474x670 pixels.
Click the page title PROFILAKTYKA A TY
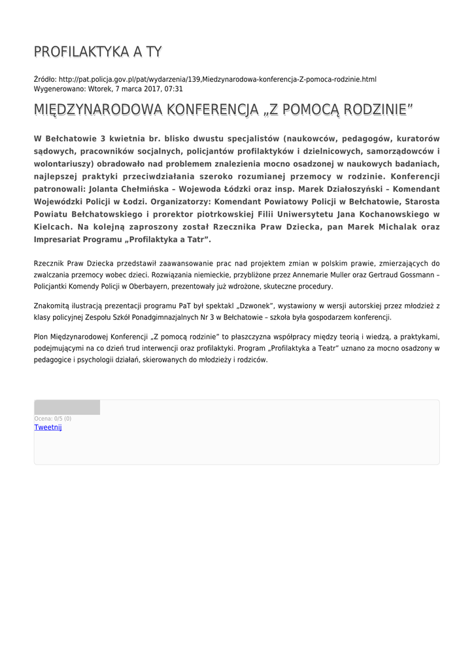pos(98,52)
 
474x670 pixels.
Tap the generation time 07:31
pos(173,88)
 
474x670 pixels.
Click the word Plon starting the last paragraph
pos(41,336)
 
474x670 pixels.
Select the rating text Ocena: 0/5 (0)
pos(53,419)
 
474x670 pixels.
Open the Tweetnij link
pos(48,427)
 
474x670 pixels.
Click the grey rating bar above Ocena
pos(67,408)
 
